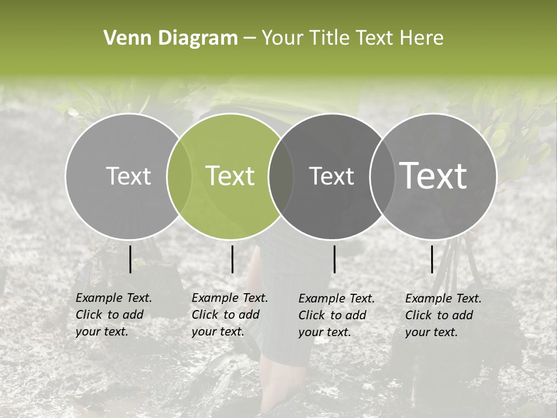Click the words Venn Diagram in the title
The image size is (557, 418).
[x=171, y=38]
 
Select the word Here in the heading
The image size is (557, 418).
[x=422, y=38]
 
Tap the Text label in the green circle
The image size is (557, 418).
[x=230, y=176]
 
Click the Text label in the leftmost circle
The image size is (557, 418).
[x=129, y=176]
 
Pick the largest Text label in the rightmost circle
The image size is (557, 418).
[x=433, y=176]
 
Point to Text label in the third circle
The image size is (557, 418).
[x=332, y=176]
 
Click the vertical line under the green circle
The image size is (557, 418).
[x=232, y=259]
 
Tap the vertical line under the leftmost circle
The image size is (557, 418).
[x=130, y=259]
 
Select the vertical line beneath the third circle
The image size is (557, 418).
[x=334, y=259]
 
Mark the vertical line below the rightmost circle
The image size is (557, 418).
[x=432, y=259]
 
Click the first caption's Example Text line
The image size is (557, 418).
[x=114, y=298]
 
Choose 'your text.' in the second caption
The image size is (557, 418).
[x=218, y=331]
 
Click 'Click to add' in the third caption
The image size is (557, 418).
[x=332, y=315]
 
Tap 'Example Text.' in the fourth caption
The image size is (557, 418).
[x=443, y=298]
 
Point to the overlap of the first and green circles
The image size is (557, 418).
[x=179, y=176]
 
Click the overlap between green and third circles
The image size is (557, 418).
[x=281, y=176]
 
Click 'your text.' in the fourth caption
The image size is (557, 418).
[x=431, y=332]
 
